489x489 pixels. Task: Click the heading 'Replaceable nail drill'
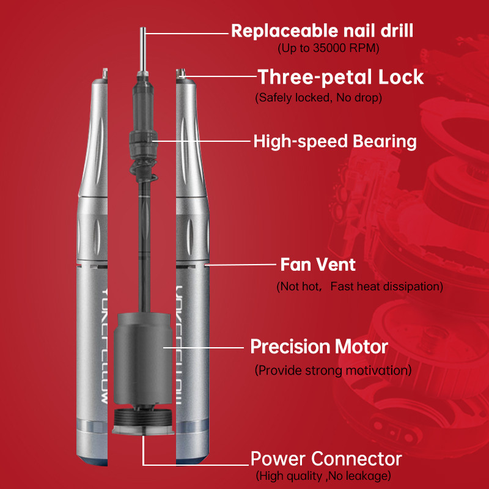tap(322, 31)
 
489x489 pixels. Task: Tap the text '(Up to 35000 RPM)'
tap(328, 48)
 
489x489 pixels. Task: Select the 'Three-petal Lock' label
tap(340, 77)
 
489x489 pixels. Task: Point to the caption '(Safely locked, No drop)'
tap(318, 98)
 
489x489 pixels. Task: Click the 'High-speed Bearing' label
tap(335, 142)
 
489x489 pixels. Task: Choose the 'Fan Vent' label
tap(318, 265)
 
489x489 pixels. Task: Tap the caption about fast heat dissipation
tap(359, 286)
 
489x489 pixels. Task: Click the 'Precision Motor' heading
tap(319, 347)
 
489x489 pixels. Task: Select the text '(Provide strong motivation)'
tap(333, 370)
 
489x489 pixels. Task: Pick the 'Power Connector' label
tap(326, 459)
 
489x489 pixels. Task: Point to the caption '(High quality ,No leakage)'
tap(323, 476)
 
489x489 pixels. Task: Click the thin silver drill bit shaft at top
tap(143, 50)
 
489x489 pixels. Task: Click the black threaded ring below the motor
tap(142, 418)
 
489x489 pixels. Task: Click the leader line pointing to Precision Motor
tap(204, 347)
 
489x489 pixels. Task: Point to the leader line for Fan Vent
tap(240, 265)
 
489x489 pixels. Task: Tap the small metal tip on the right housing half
tap(180, 73)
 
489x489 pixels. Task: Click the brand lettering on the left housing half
tap(105, 345)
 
